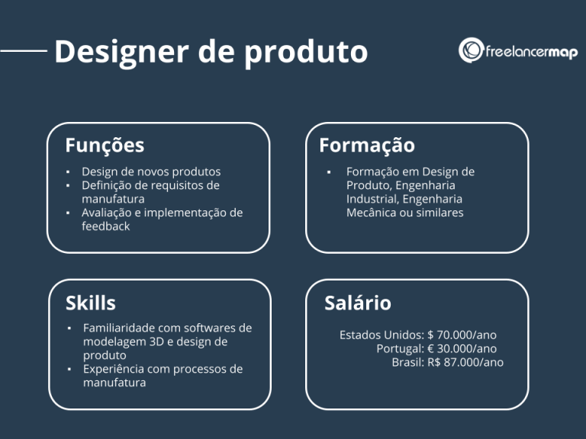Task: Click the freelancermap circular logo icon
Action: pos(471,50)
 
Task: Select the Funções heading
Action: pos(105,145)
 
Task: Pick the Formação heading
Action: pos(367,145)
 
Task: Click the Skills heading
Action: pos(91,303)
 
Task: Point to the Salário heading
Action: pos(358,303)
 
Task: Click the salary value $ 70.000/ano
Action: pos(462,335)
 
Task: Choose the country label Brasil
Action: pos(407,362)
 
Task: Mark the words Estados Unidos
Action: pos(380,335)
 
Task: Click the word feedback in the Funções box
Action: pos(106,226)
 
